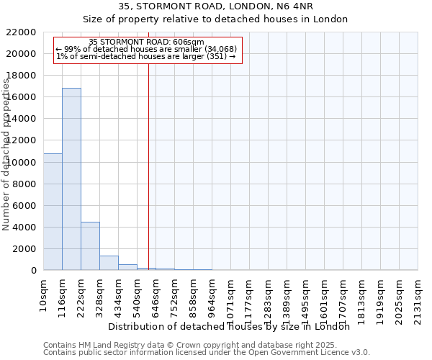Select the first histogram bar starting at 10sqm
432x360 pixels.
[x=53, y=212]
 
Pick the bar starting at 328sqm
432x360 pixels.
[x=109, y=263]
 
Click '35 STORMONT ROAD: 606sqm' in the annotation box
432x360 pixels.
[x=147, y=42]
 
